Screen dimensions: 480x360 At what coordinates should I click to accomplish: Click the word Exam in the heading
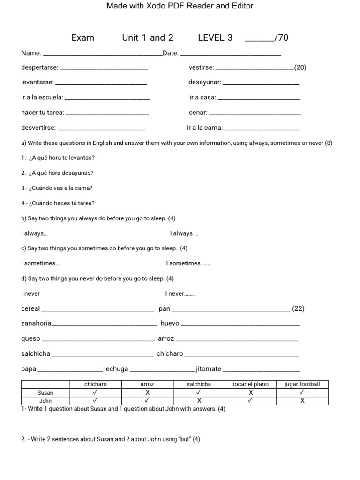(x=82, y=38)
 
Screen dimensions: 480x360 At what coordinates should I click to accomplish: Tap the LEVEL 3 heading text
(x=215, y=38)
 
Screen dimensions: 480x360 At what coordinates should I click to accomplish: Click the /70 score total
(x=282, y=38)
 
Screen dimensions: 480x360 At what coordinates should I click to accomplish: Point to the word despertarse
(x=39, y=67)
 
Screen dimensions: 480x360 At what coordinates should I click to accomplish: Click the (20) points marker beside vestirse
(x=300, y=67)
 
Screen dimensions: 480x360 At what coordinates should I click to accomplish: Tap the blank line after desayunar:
(x=261, y=83)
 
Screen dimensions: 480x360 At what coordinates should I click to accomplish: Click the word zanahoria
(x=36, y=323)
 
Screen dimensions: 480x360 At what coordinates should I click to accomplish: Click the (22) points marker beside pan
(x=298, y=309)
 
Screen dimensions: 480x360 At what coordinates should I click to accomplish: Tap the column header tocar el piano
(x=250, y=384)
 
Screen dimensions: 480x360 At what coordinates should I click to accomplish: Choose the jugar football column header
(x=302, y=384)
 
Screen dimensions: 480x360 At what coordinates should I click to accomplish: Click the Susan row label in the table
(x=45, y=393)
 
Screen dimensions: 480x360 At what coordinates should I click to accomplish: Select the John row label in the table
(x=45, y=401)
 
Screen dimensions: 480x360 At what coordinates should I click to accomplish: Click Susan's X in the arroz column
(x=147, y=393)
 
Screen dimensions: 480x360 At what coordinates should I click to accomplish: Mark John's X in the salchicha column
(x=199, y=401)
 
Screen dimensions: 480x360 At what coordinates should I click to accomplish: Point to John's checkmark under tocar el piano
(x=250, y=401)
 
